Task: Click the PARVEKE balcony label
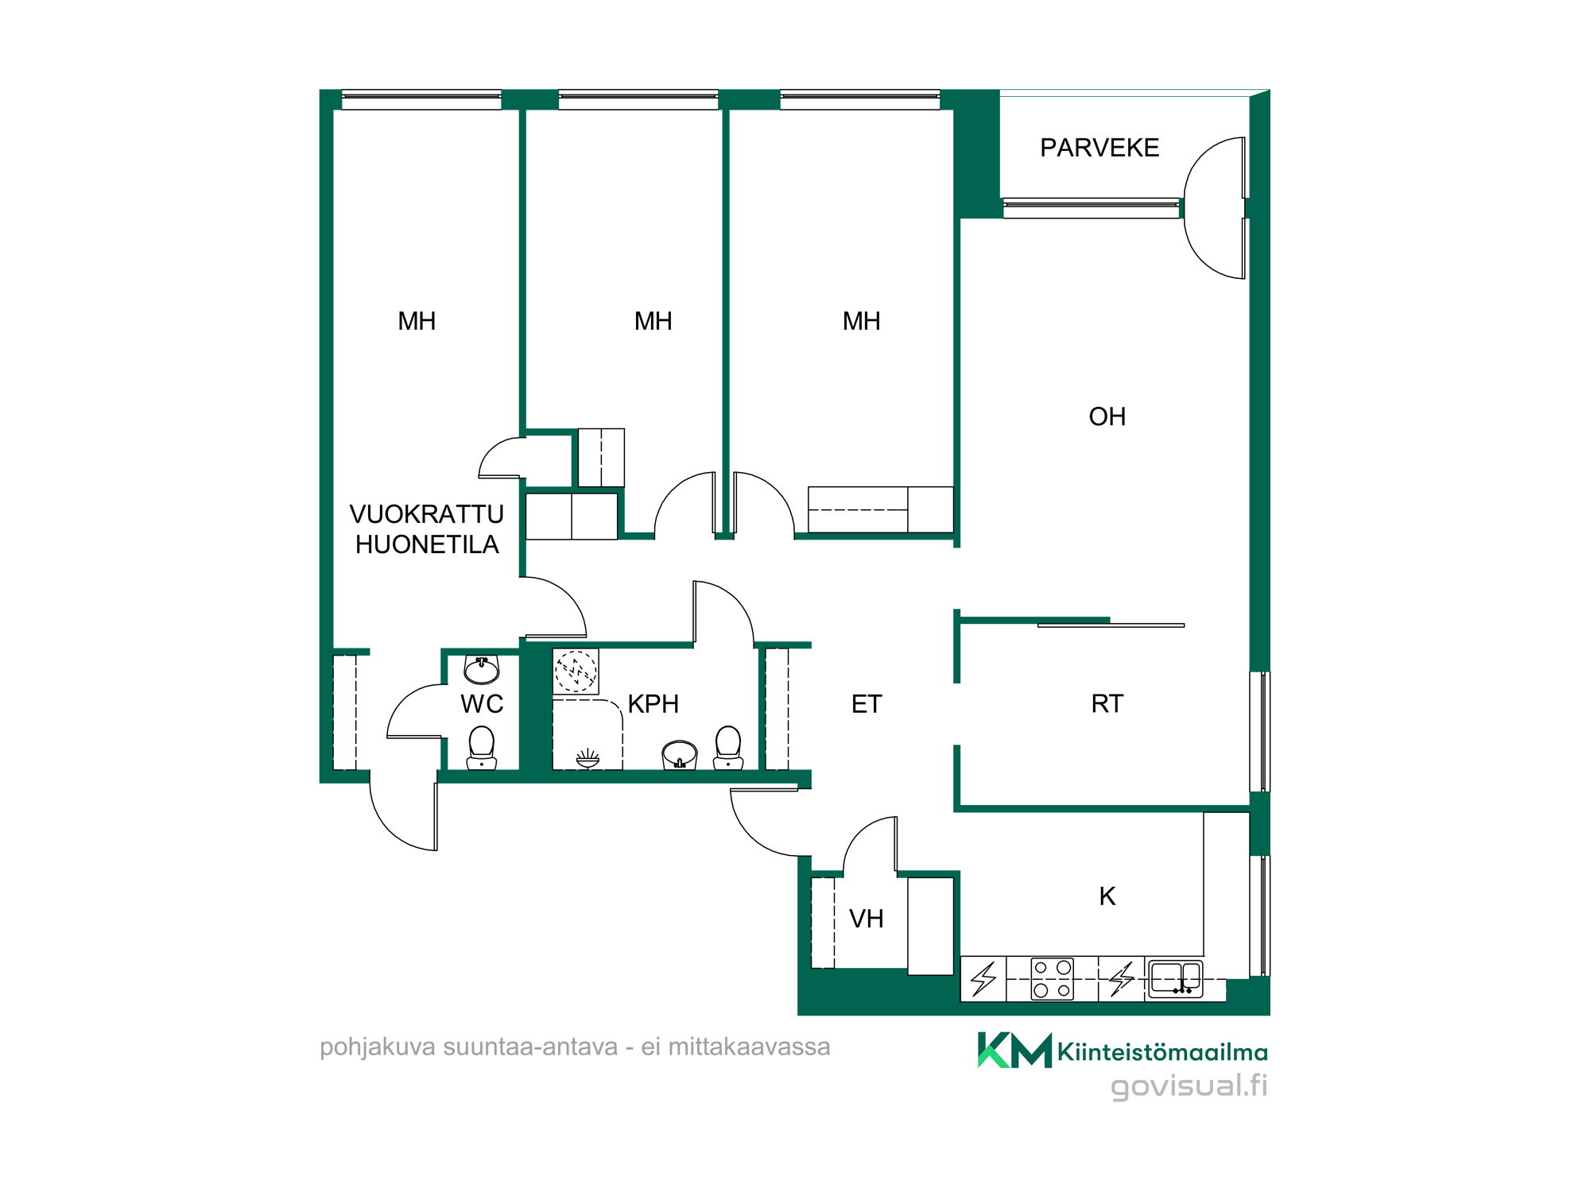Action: [x=1099, y=148]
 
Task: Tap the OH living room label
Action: [x=1107, y=416]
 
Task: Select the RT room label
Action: [x=1107, y=703]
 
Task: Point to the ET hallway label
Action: [x=867, y=703]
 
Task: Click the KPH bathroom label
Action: [x=653, y=703]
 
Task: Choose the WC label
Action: [x=482, y=703]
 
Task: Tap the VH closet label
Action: [x=866, y=919]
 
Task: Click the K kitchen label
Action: [x=1107, y=896]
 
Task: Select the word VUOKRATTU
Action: [x=427, y=514]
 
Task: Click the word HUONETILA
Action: [x=427, y=544]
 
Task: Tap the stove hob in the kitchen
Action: [x=1052, y=978]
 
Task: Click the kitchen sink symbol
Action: [x=1176, y=977]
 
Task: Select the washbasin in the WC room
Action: [x=482, y=670]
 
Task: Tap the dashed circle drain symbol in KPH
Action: [x=576, y=671]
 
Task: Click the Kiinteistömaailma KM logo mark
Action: [x=1014, y=1050]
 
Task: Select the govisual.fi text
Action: [x=1189, y=1086]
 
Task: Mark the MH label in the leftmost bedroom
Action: [x=417, y=321]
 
